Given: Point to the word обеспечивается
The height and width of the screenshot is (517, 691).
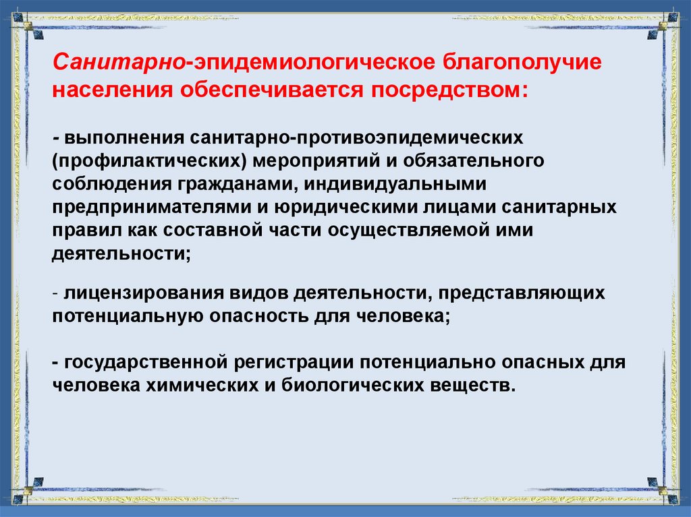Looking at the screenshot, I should (x=266, y=90).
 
